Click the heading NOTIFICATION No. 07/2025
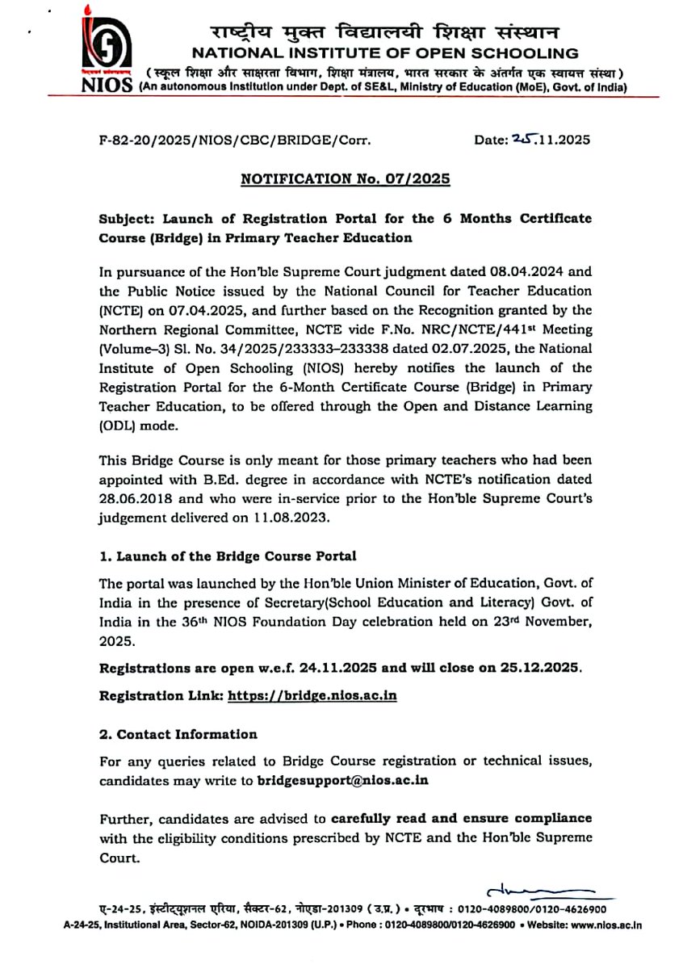point(345,178)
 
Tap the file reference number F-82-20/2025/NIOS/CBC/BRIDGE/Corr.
point(234,140)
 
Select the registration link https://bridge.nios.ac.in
point(312,694)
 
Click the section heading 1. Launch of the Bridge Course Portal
point(227,556)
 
